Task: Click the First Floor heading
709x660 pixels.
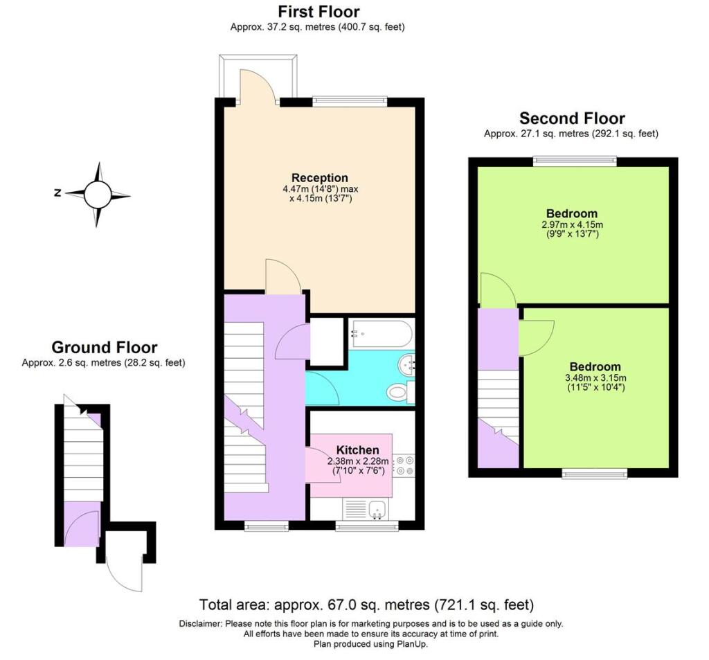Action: coord(318,12)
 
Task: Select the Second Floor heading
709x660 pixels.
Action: coord(572,118)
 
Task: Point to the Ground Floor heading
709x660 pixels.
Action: coord(104,348)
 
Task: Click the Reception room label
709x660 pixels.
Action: coord(319,178)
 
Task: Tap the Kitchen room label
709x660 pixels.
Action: coord(357,450)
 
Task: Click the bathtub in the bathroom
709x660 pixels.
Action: coord(381,334)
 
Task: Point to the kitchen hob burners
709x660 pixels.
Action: coord(404,465)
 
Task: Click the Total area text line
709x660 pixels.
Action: coord(366,604)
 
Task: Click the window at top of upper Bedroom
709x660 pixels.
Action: coord(574,161)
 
